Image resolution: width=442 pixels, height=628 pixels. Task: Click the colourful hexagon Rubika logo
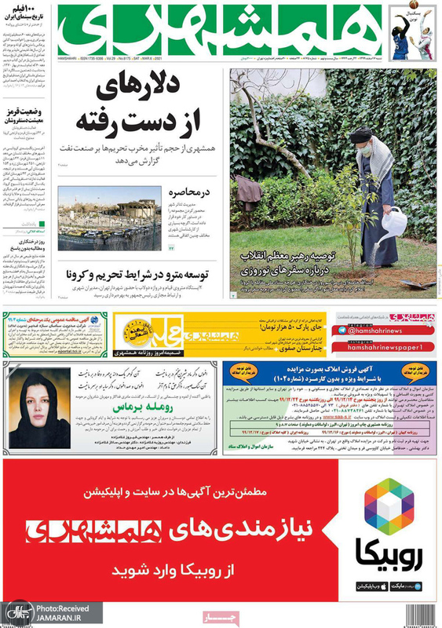[389, 506]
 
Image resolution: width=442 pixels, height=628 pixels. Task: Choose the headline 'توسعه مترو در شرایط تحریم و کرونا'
[141, 276]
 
